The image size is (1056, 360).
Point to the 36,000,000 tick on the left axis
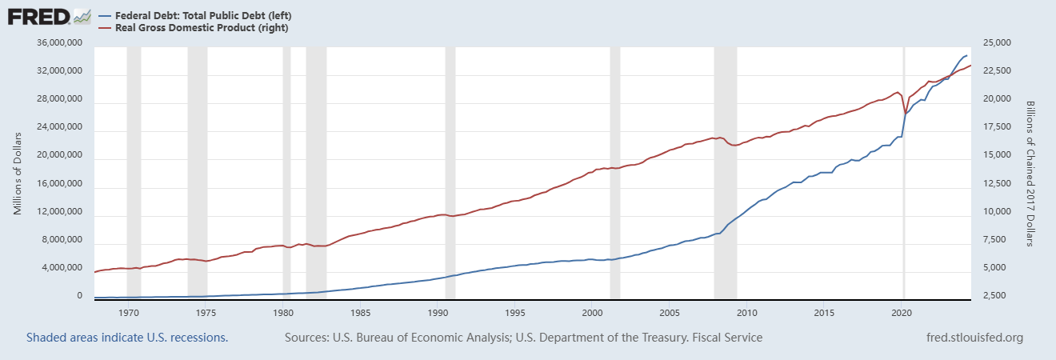click(x=58, y=43)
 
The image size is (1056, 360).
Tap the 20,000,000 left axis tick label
click(x=58, y=156)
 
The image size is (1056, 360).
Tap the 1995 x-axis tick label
click(x=515, y=312)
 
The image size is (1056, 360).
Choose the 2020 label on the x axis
click(x=902, y=312)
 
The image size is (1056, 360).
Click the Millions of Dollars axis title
click(x=18, y=172)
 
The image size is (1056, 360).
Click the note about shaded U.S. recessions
click(x=127, y=338)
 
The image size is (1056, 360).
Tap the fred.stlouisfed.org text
click(x=973, y=338)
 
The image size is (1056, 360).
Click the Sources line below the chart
click(x=523, y=338)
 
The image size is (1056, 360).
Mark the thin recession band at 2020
click(x=904, y=172)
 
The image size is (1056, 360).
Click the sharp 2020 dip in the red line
click(x=905, y=114)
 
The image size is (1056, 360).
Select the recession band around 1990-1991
click(x=450, y=172)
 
